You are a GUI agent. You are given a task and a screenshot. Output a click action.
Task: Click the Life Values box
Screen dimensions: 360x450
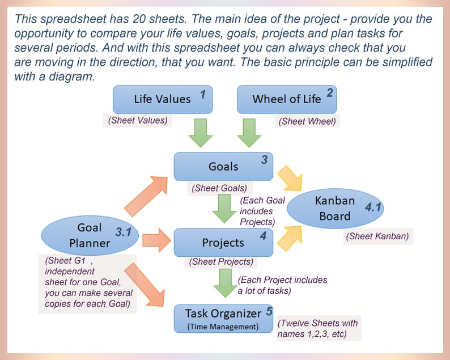163,99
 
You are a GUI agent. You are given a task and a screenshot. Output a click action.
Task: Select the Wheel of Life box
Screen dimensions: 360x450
287,99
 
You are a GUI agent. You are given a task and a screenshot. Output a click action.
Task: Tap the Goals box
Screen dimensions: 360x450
223,167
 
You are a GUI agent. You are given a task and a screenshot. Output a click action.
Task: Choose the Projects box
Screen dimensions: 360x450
223,243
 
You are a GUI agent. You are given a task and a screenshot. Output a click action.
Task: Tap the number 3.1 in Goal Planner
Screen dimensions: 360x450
123,232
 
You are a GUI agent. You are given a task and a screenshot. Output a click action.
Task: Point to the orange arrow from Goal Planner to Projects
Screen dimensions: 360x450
156,242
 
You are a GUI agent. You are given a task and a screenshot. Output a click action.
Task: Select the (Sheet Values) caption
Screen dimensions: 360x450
138,120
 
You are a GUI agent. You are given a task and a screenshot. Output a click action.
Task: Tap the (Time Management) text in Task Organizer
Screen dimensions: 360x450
223,327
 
